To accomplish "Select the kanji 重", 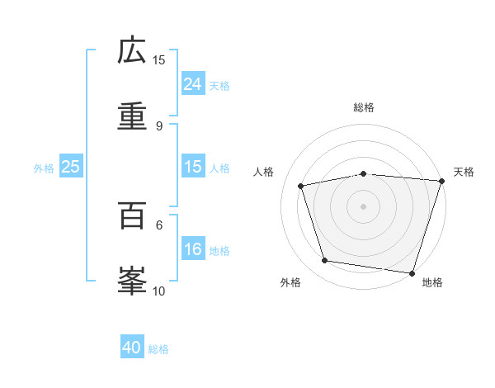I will [132, 116].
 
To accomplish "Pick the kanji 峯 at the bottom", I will [132, 282].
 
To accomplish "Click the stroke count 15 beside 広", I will [159, 59].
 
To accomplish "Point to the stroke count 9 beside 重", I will [159, 126].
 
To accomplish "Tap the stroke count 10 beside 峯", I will [159, 291].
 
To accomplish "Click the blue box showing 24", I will [193, 84].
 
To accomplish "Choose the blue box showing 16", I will [193, 250].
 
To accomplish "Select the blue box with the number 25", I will [71, 167].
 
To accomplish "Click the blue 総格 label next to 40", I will [159, 349].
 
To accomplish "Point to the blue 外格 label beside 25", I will [44, 168].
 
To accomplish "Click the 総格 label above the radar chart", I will [364, 107].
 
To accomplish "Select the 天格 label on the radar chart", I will [464, 172].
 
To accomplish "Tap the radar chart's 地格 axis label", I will [432, 283].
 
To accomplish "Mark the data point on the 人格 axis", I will [302, 186].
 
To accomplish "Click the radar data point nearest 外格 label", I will [325, 261].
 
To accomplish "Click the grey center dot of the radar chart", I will [364, 206].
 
